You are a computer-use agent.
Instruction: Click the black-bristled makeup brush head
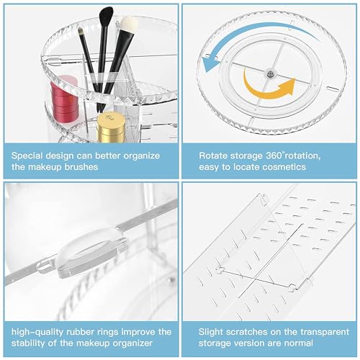click(x=107, y=17)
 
